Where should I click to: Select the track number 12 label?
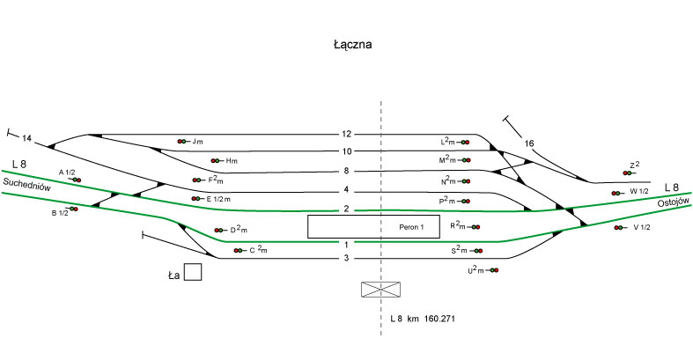tap(347, 135)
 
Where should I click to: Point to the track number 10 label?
tap(347, 151)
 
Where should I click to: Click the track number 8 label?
tap(347, 171)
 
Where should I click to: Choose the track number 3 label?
tap(347, 258)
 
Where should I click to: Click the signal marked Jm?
tap(182, 141)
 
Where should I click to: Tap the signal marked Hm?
tap(217, 161)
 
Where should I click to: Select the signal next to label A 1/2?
tap(77, 180)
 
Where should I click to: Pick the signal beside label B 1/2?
tap(75, 209)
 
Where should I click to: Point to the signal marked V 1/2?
tap(618, 227)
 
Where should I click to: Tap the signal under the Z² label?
tap(628, 173)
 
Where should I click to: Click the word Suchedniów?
tap(27, 186)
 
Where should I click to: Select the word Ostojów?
tap(672, 202)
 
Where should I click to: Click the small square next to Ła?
tap(193, 272)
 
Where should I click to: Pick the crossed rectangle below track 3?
tap(380, 290)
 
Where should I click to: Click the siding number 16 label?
tap(528, 143)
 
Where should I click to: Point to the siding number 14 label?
tap(26, 139)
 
